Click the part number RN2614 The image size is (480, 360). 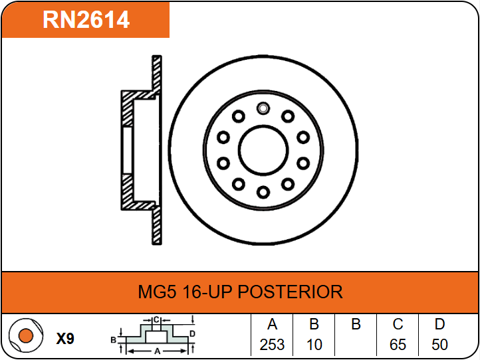click(86, 19)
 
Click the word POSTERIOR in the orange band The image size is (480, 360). click(291, 292)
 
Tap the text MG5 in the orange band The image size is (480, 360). click(158, 292)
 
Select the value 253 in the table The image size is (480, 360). click(272, 345)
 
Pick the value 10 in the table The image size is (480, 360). click(314, 345)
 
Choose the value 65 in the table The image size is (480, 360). click(398, 345)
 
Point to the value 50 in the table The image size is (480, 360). click(439, 345)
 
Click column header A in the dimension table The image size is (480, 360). click(272, 324)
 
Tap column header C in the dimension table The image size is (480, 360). click(398, 324)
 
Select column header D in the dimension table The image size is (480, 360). click(439, 324)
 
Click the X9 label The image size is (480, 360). click(65, 339)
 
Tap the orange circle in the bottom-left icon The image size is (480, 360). click(26, 335)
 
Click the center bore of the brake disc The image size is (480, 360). click(263, 150)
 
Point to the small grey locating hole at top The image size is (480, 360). click(263, 108)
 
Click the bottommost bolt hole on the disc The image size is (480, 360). click(263, 193)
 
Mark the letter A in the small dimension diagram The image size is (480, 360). click(158, 351)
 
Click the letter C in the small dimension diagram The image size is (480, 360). click(156, 320)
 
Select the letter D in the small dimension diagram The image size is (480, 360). click(192, 333)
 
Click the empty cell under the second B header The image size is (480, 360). click(356, 345)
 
